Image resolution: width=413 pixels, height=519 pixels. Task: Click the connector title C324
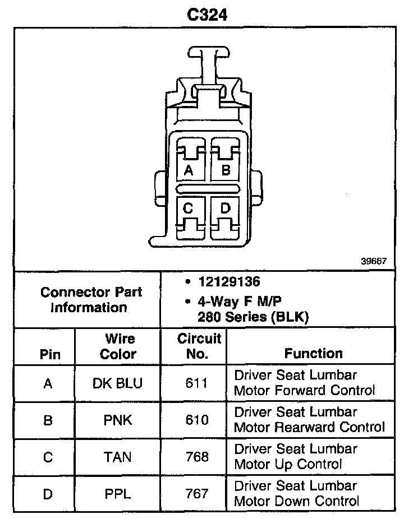click(x=207, y=15)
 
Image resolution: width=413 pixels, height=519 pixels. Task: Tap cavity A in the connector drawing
click(x=189, y=169)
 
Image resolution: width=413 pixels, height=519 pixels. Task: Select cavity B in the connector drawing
click(x=226, y=169)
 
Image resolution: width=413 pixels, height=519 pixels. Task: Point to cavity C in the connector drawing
click(x=189, y=209)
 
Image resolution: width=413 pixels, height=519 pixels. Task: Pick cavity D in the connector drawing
click(x=226, y=209)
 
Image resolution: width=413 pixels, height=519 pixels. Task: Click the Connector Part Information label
click(x=91, y=299)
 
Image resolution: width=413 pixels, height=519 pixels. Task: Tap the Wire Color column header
click(x=118, y=346)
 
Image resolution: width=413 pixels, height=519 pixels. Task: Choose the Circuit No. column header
click(x=199, y=346)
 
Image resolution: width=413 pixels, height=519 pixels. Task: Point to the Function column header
click(x=313, y=353)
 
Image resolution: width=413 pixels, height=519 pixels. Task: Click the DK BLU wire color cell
click(x=118, y=383)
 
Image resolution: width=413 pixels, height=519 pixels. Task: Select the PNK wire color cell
click(x=118, y=420)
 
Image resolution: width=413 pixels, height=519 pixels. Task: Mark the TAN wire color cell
click(x=118, y=457)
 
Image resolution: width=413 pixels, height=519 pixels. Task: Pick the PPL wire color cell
click(x=118, y=494)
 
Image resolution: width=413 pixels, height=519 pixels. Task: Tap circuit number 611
click(x=197, y=383)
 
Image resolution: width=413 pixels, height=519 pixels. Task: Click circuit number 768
click(x=197, y=457)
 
